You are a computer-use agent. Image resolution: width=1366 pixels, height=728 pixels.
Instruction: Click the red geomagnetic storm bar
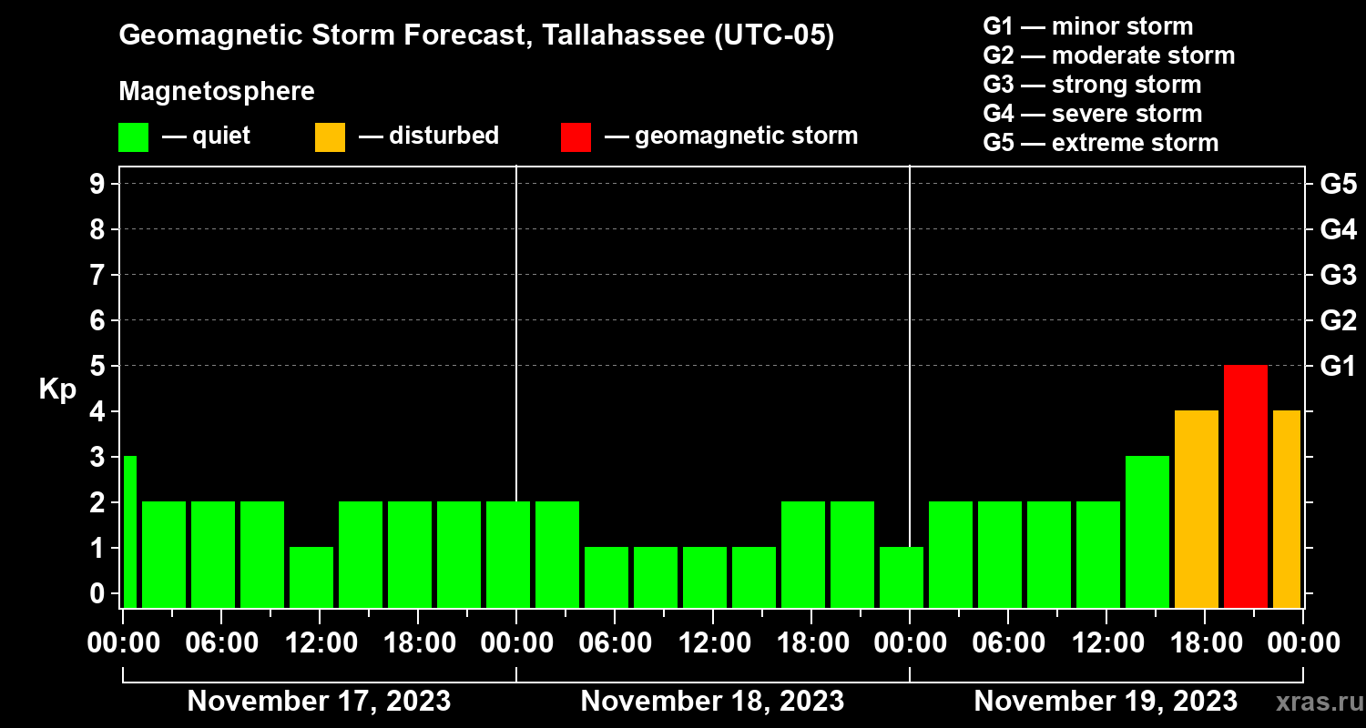click(1245, 486)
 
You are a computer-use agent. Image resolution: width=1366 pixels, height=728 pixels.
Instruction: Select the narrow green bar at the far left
click(129, 531)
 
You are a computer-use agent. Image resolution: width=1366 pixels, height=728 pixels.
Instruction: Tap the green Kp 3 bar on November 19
click(1147, 531)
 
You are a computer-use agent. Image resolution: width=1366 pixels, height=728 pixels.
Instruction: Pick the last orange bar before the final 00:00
click(1286, 509)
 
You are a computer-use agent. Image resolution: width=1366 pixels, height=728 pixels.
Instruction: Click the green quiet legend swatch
click(133, 136)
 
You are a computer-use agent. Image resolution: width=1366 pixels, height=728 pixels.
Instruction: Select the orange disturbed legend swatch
click(330, 136)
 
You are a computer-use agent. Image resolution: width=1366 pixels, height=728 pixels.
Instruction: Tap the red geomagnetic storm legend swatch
click(576, 136)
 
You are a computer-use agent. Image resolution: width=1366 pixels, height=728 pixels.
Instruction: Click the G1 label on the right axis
click(1338, 366)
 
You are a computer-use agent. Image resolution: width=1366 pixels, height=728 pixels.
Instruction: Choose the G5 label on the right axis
click(1338, 184)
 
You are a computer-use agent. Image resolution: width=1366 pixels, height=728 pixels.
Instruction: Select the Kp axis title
click(57, 389)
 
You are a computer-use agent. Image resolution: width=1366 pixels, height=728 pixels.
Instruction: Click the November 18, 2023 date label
click(712, 702)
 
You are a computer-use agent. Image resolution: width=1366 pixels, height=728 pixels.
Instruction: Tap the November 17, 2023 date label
click(319, 702)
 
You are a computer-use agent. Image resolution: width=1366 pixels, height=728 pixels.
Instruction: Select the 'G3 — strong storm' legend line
click(1092, 85)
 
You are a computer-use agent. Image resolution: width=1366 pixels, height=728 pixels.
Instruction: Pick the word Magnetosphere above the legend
click(217, 92)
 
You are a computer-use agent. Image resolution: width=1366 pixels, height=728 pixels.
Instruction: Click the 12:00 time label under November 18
click(712, 643)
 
